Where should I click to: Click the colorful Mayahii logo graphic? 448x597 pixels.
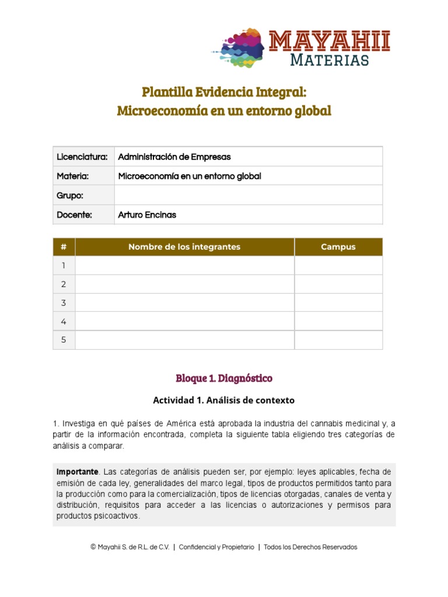[x=238, y=47]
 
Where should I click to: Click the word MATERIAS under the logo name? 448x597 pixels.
[x=329, y=59]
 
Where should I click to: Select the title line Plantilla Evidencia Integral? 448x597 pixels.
[x=224, y=92]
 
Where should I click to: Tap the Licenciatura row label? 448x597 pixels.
[x=82, y=157]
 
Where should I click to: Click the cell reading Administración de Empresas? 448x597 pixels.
[x=174, y=157]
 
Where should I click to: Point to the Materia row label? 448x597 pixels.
[x=72, y=176]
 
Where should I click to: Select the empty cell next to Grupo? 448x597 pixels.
[x=249, y=195]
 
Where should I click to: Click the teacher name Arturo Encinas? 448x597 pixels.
[x=147, y=215]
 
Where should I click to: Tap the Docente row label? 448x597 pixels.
[x=74, y=215]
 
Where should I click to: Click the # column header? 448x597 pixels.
[x=64, y=247]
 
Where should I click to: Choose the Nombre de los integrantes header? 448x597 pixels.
[x=184, y=247]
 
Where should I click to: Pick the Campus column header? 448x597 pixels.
[x=338, y=247]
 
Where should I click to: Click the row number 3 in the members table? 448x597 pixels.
[x=64, y=303]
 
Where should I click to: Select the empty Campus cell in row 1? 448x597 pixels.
[x=338, y=265]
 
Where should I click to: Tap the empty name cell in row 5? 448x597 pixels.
[x=184, y=340]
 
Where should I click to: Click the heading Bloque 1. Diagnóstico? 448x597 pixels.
[x=224, y=378]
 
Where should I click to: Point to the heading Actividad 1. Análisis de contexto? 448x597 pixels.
[x=224, y=401]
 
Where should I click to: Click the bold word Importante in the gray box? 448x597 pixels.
[x=76, y=472]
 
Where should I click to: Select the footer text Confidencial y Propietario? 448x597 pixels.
[x=216, y=547]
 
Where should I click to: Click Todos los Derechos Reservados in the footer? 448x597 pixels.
[x=310, y=547]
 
